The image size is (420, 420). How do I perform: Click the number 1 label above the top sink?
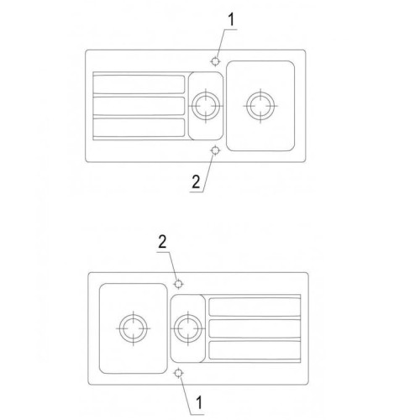(231, 20)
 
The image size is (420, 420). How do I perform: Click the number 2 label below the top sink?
(196, 181)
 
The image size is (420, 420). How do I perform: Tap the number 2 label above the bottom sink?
(162, 242)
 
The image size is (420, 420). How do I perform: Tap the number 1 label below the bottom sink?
(199, 402)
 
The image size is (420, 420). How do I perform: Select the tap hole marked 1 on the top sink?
(215, 61)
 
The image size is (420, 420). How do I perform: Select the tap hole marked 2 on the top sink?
(215, 150)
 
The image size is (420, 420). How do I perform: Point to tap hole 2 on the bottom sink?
(178, 284)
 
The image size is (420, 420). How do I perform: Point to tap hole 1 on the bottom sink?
(178, 373)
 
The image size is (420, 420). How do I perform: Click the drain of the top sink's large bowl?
(260, 106)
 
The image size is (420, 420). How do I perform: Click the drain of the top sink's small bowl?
(206, 106)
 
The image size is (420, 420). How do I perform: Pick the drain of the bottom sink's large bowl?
(134, 328)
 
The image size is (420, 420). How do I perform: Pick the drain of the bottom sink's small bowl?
(188, 328)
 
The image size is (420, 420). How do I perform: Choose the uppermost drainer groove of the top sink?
(139, 84)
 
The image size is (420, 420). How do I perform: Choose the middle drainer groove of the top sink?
(139, 106)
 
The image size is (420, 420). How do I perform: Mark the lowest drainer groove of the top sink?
(139, 128)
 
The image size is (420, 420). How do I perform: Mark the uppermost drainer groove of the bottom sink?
(255, 307)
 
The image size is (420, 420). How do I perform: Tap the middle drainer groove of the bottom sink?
(255, 328)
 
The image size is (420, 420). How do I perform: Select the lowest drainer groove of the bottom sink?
(255, 350)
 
